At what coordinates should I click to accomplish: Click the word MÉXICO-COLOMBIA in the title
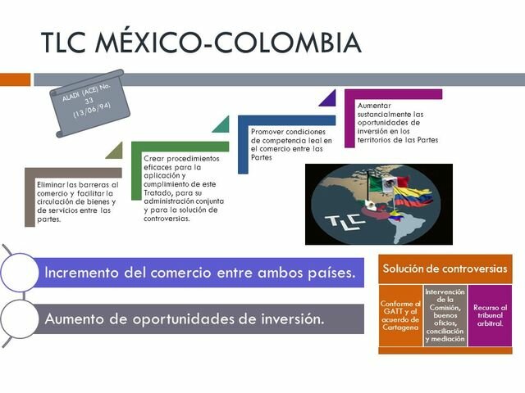click(x=246, y=43)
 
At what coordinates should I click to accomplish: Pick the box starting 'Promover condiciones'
click(x=287, y=145)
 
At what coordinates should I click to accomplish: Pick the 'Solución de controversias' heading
click(x=445, y=269)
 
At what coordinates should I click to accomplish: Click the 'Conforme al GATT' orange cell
click(x=400, y=315)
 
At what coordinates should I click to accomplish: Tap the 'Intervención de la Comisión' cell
click(x=445, y=315)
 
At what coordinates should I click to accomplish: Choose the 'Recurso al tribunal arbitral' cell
click(x=490, y=315)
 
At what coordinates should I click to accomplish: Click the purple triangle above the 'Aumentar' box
click(x=329, y=99)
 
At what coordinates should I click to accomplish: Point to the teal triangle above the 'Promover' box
click(x=222, y=124)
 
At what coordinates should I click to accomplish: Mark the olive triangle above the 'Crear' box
click(x=115, y=151)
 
